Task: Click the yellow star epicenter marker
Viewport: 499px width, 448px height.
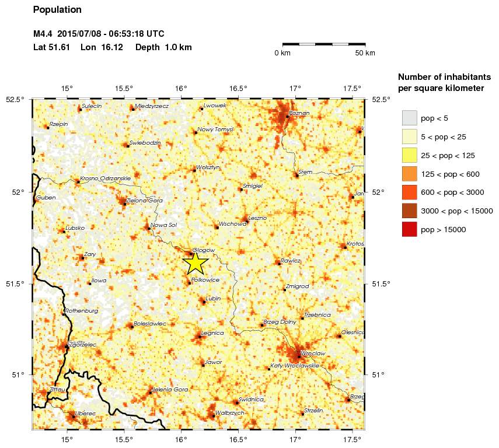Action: (196, 262)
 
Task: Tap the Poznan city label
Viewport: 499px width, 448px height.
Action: (299, 113)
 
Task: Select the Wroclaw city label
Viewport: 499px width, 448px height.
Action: (314, 353)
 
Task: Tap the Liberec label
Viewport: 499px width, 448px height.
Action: (85, 413)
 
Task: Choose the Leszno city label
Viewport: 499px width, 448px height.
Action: (257, 218)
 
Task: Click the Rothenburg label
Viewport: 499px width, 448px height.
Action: (82, 311)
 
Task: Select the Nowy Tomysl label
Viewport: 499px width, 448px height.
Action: (215, 129)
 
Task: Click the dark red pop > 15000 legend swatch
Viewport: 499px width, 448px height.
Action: (409, 230)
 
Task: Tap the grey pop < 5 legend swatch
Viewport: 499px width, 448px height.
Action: (409, 118)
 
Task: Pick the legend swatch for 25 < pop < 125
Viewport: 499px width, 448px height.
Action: (409, 155)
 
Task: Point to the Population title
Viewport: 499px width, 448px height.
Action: (57, 10)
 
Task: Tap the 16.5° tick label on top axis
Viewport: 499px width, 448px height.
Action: (238, 89)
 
